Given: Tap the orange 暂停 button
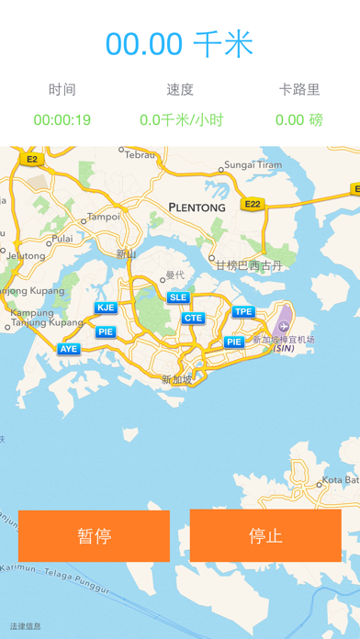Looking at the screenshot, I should click(x=94, y=536).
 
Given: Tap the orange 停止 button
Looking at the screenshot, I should click(x=265, y=536).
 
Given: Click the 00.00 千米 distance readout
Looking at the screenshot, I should click(x=179, y=44).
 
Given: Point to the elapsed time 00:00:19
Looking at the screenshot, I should click(x=62, y=119).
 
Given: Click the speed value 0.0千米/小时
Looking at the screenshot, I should click(x=179, y=119).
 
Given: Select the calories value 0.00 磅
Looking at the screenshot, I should click(x=298, y=119).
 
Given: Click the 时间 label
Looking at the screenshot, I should click(x=62, y=90).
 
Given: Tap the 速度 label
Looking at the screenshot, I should click(x=179, y=90).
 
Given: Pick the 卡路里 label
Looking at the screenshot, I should click(x=298, y=90).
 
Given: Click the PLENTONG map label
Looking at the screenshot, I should click(x=197, y=208).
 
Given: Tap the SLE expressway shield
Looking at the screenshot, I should click(x=178, y=297).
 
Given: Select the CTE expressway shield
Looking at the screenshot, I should click(x=193, y=319).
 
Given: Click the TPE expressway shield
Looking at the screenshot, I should click(x=242, y=312).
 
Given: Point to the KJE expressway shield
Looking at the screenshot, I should click(x=106, y=308).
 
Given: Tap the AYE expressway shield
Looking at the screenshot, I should click(x=69, y=349).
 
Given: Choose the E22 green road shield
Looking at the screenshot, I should click(x=253, y=204).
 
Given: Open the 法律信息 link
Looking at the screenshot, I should click(x=25, y=627).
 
